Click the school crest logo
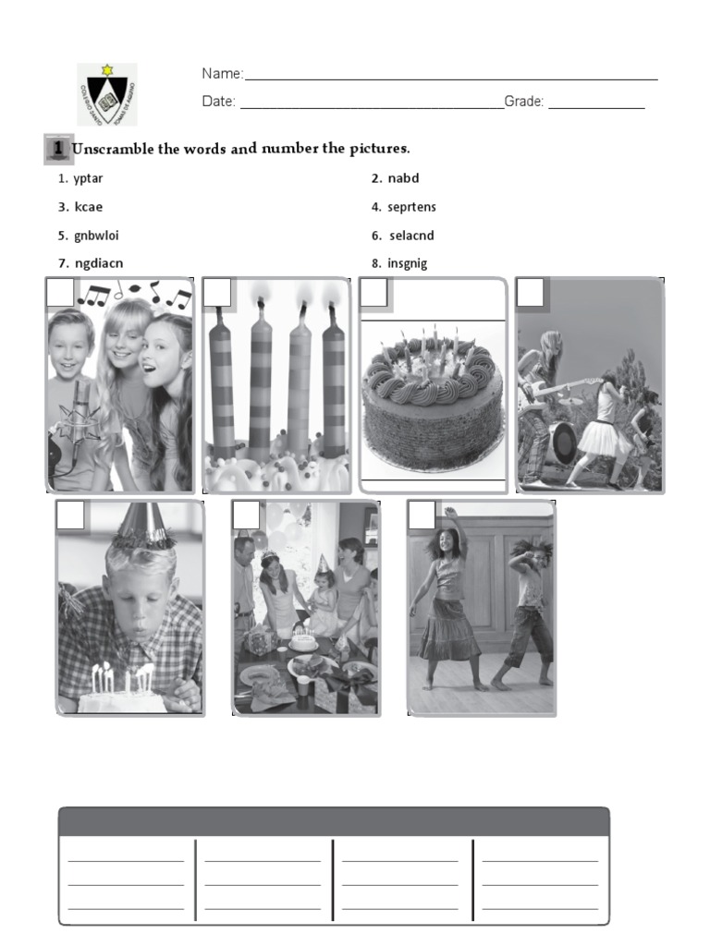click(106, 94)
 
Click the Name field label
click(222, 74)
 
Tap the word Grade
click(523, 102)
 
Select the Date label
click(219, 102)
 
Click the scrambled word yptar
click(88, 178)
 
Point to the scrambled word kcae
click(88, 207)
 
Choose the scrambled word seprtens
click(411, 207)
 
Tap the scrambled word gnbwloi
click(95, 236)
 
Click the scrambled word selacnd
click(411, 236)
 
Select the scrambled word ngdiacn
click(98, 263)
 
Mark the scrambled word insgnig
click(408, 263)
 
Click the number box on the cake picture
click(373, 293)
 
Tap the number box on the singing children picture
click(60, 293)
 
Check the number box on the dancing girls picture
click(422, 515)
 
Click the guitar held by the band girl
click(545, 393)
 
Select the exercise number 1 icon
click(57, 149)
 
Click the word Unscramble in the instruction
click(113, 149)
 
